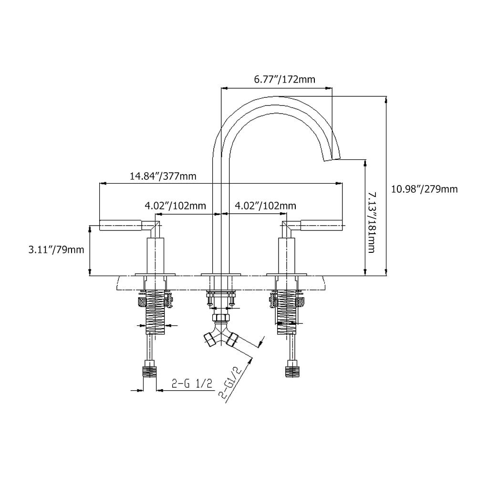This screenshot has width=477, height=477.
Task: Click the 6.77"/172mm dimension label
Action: click(x=284, y=80)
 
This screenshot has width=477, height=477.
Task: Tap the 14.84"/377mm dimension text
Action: click(x=163, y=176)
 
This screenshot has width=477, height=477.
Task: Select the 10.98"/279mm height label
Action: click(x=424, y=189)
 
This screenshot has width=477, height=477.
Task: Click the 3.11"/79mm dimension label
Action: click(x=56, y=249)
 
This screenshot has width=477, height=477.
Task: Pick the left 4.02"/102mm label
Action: click(x=175, y=206)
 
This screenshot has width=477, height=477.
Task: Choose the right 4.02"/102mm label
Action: click(x=265, y=206)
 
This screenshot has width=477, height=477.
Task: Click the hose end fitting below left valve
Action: click(x=150, y=372)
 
